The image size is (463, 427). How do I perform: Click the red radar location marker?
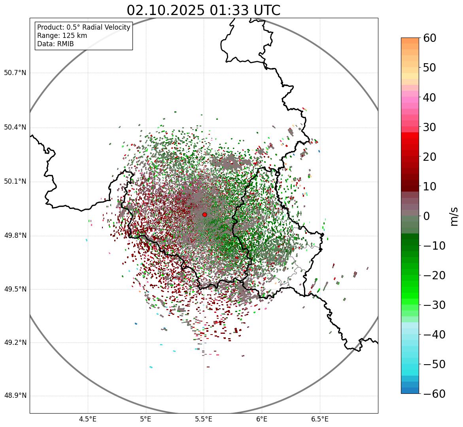(204, 214)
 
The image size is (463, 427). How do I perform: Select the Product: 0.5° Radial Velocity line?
(83, 27)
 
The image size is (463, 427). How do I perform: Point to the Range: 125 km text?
(62, 36)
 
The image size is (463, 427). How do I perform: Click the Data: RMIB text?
(55, 44)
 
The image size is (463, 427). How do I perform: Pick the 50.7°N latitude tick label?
(15, 73)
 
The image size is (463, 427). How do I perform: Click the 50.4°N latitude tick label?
(15, 127)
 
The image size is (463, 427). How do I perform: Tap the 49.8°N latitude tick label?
(15, 236)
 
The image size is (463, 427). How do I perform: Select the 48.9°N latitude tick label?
(15, 396)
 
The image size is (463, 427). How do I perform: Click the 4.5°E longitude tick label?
(88, 419)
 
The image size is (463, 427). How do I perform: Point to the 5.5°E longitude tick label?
(204, 419)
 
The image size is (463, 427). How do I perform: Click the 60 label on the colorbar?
(430, 38)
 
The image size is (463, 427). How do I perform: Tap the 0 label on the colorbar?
(426, 216)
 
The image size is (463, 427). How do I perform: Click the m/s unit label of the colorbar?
(454, 216)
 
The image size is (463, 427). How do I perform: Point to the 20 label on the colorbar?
(430, 157)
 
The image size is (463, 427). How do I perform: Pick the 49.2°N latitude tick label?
(15, 342)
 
